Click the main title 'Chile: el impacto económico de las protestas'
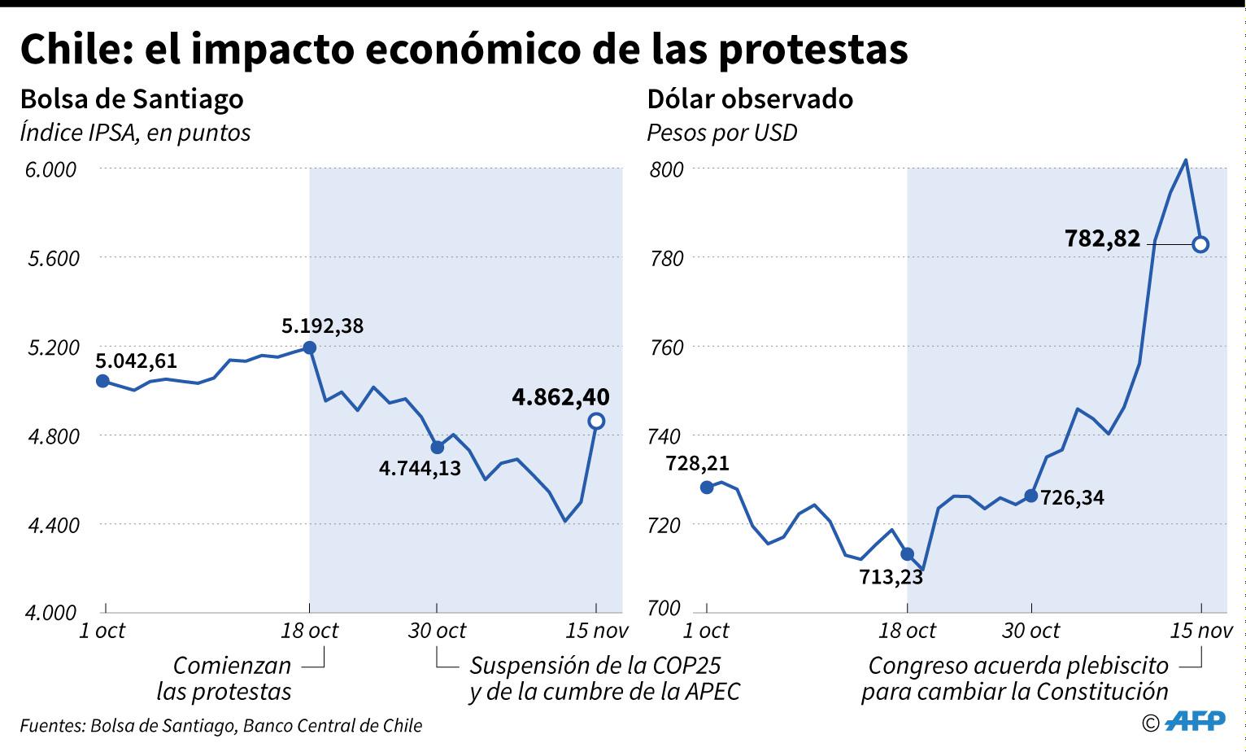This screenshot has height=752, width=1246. point(464,49)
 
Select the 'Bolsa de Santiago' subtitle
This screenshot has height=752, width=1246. point(132,98)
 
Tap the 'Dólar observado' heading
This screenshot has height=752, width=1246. point(750,98)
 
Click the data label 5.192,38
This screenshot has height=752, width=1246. point(323,326)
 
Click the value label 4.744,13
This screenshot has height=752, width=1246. point(420,468)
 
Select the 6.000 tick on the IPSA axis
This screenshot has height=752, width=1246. point(52,169)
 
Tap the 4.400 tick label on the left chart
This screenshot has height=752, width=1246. point(52,525)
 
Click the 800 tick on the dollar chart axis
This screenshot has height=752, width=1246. point(664,169)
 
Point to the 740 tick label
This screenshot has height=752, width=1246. point(664,436)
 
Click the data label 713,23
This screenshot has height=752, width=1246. point(891,577)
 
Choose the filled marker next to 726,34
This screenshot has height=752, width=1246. point(1031,496)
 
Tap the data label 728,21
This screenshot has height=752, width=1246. point(697,463)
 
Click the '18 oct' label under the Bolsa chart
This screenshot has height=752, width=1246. point(309,631)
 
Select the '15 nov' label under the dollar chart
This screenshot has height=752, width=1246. point(1201,631)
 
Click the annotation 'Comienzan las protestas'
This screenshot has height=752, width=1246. point(224,678)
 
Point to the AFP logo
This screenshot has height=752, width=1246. point(1196,722)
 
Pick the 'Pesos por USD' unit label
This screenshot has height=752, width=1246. point(721,133)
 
